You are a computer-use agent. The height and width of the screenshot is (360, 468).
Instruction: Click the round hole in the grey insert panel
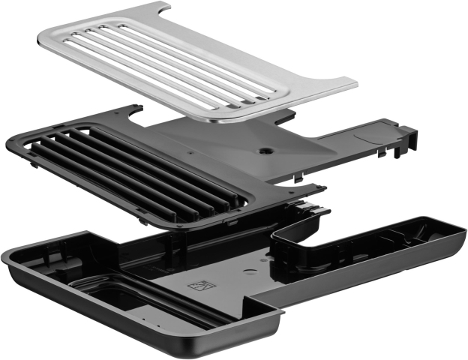pyautogui.click(x=264, y=150)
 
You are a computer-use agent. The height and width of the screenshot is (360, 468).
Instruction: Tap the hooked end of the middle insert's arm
pyautogui.click(x=409, y=139)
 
